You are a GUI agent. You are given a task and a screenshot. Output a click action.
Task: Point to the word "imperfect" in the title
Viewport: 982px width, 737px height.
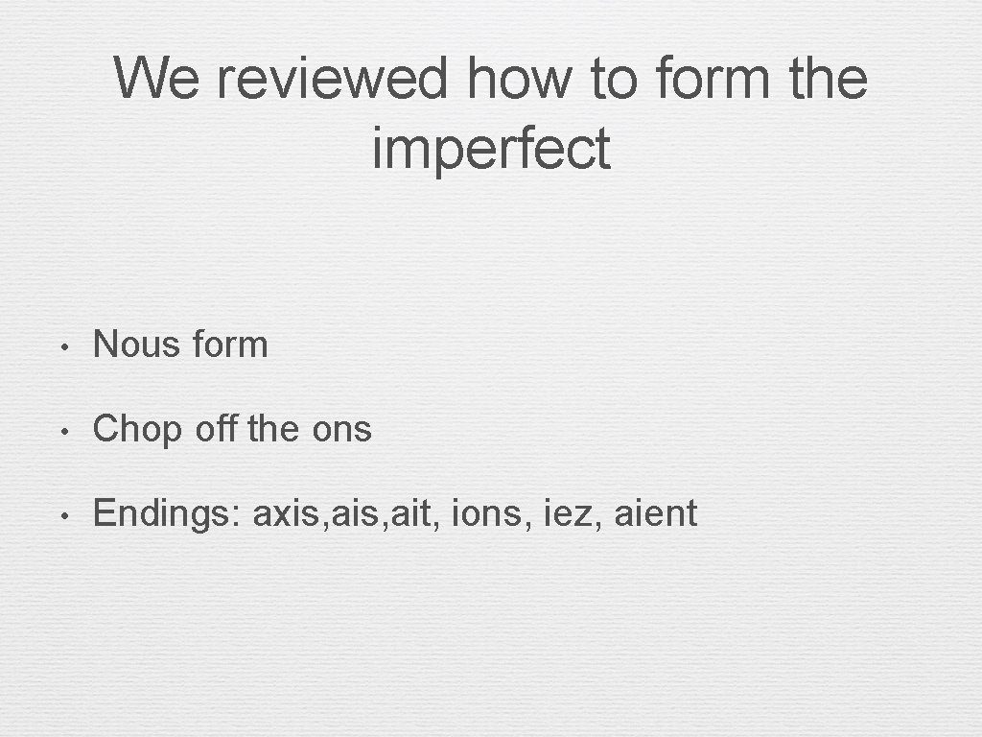(491, 149)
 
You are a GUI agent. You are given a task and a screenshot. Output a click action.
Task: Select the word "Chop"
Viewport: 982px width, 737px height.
(137, 430)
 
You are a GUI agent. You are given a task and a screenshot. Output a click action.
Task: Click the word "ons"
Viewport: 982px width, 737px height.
(341, 430)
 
